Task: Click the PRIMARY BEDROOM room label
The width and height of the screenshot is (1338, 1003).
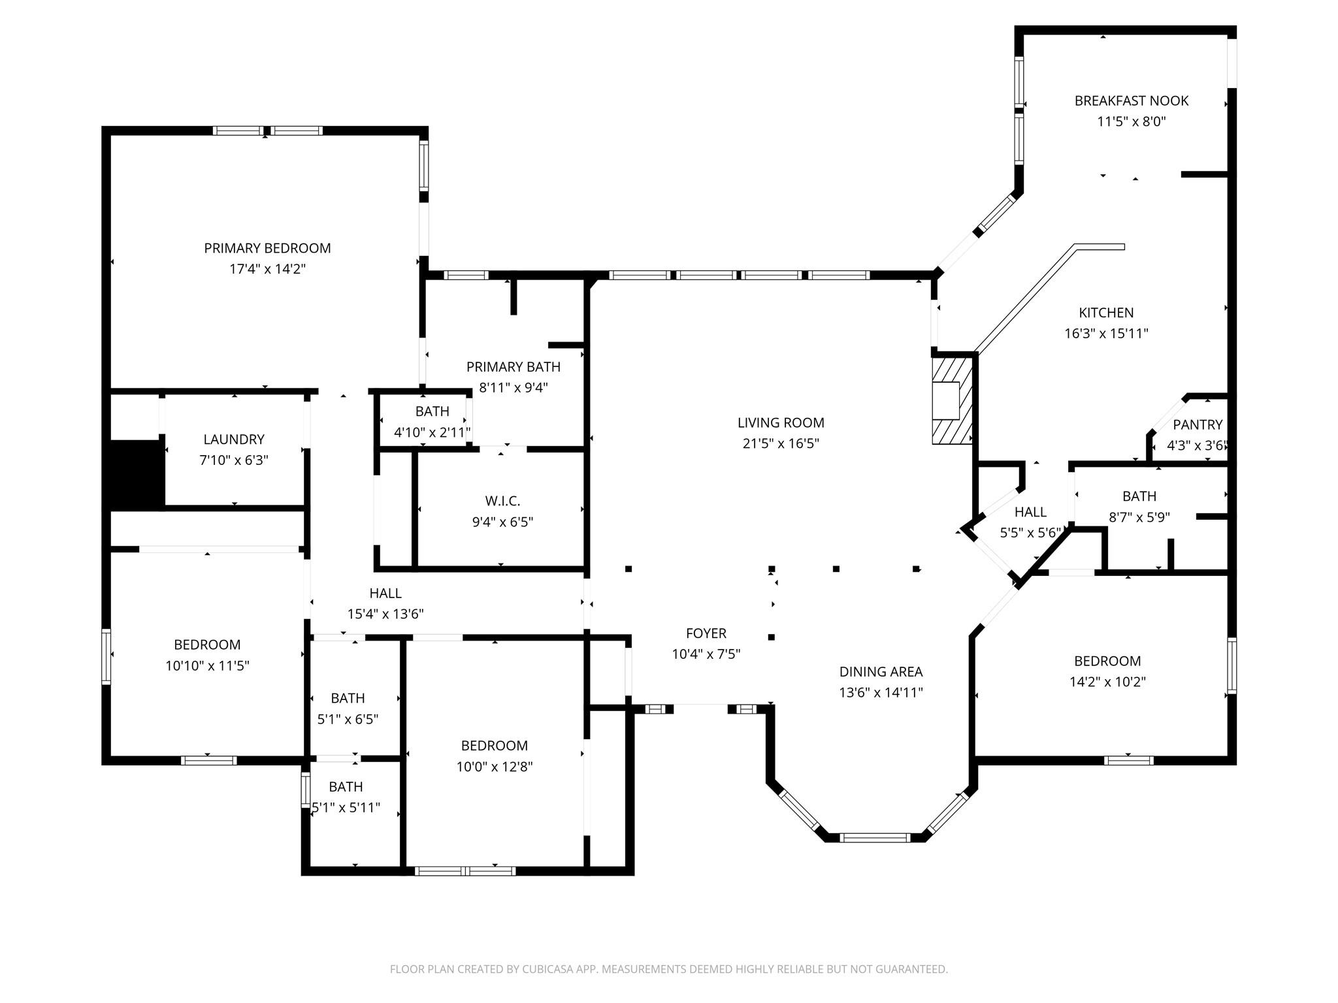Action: click(x=267, y=248)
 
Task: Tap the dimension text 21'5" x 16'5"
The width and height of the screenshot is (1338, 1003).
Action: click(x=781, y=443)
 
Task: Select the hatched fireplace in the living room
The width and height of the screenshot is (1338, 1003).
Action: click(x=952, y=400)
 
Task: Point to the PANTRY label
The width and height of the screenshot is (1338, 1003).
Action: click(x=1197, y=425)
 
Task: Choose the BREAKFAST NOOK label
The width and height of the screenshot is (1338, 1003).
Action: click(x=1131, y=101)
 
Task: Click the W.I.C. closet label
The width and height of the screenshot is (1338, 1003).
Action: click(x=502, y=501)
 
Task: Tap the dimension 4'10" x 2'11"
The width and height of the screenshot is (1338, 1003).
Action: click(x=432, y=432)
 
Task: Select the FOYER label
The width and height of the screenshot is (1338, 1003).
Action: click(x=706, y=633)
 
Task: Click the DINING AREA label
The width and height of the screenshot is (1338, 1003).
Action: click(x=881, y=671)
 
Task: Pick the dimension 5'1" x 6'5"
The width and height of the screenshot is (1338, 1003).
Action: click(x=348, y=719)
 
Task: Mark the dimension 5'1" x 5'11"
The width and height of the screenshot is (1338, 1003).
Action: click(x=346, y=808)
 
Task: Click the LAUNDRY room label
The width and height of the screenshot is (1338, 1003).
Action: click(x=234, y=439)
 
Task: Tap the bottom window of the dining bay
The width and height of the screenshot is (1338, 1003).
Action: click(x=875, y=838)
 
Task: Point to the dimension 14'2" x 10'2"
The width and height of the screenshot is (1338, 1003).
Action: click(x=1107, y=682)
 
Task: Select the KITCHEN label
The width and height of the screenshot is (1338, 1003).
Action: click(x=1105, y=313)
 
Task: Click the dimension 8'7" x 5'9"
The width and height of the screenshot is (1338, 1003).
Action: click(x=1139, y=517)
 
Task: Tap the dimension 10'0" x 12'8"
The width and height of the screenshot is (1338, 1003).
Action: click(x=494, y=767)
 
